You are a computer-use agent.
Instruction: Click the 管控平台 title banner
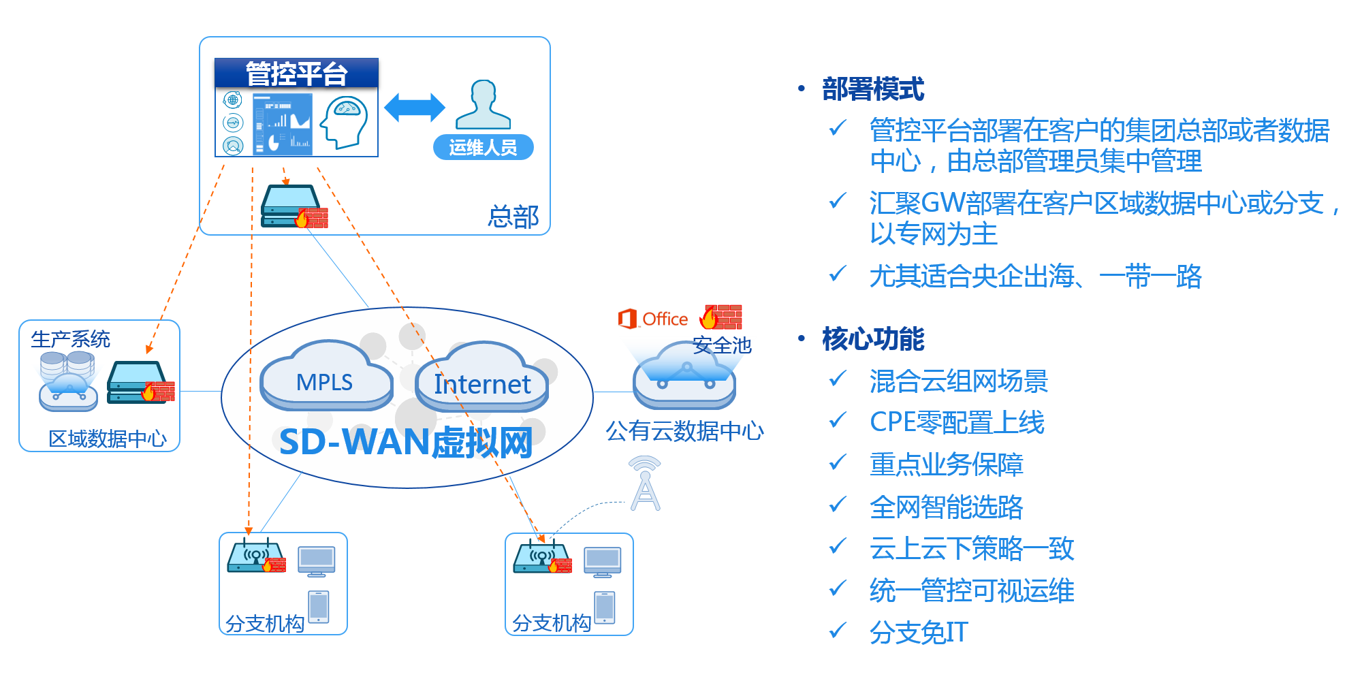coord(296,73)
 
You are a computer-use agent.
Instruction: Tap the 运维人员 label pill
coord(483,147)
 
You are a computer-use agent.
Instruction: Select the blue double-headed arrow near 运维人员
coord(414,108)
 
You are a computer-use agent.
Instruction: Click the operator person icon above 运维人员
coord(483,105)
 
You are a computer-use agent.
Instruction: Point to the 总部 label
coord(513,217)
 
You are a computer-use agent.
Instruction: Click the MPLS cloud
coord(326,380)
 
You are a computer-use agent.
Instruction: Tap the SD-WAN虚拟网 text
coord(406,442)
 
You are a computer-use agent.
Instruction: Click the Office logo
coord(653,319)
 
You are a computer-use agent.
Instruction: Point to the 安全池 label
coord(722,345)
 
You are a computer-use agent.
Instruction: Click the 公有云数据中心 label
coord(684,430)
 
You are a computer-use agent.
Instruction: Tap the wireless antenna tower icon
coord(645,484)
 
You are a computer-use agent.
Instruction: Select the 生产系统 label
coord(70,339)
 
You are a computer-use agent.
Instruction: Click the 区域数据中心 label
coord(108,439)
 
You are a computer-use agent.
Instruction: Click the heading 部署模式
coord(873,89)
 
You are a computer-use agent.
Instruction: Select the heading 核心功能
coord(873,338)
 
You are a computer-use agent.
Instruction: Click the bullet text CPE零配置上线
coord(957,422)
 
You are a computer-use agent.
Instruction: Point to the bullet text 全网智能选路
coord(946,507)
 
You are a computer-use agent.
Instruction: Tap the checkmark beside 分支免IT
coord(838,629)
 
